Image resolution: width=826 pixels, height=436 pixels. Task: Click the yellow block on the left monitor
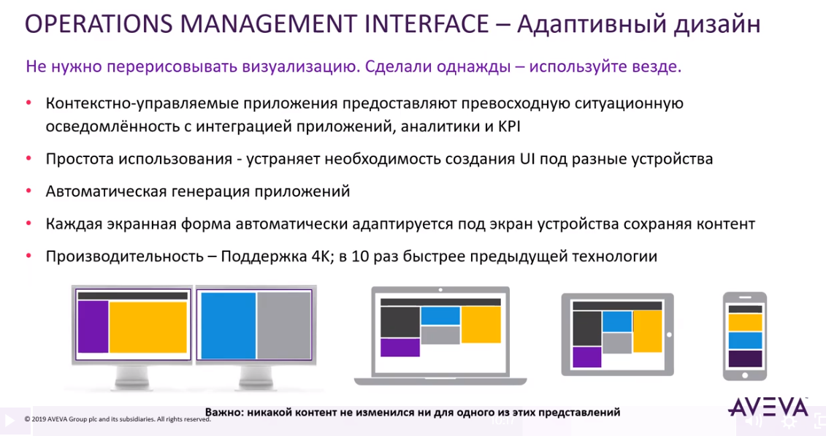tap(148, 326)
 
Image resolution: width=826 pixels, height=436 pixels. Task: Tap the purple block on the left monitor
tap(93, 326)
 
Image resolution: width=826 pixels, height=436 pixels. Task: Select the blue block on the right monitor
tap(228, 325)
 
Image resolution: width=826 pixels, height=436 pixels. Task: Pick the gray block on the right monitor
tap(284, 325)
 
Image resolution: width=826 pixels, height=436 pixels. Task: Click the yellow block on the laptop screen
tap(481, 324)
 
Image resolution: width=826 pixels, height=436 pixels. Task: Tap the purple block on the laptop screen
tap(400, 347)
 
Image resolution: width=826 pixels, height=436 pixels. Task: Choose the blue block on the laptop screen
tap(440, 315)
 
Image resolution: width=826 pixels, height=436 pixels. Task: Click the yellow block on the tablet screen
tap(647, 331)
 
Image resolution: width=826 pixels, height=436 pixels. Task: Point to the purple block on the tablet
tap(586, 356)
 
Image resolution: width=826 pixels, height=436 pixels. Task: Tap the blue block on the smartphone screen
tap(745, 340)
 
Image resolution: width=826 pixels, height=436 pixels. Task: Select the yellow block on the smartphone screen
tap(745, 322)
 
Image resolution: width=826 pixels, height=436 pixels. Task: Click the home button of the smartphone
tap(745, 374)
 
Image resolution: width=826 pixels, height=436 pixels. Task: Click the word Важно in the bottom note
tap(223, 412)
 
